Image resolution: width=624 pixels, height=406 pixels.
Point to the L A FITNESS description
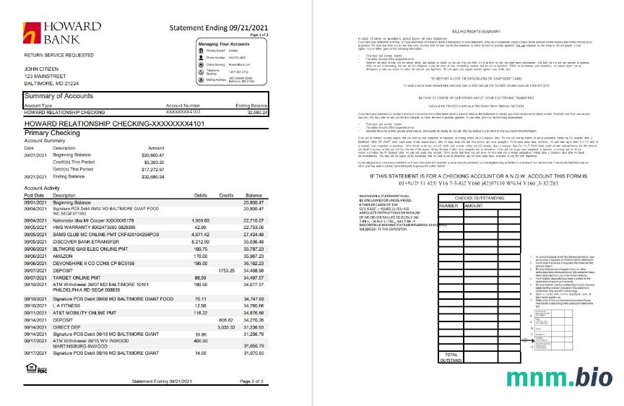click(x=69, y=306)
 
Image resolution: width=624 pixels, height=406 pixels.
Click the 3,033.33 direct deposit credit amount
click(x=227, y=327)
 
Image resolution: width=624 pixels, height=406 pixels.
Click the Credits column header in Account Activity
click(x=226, y=195)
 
